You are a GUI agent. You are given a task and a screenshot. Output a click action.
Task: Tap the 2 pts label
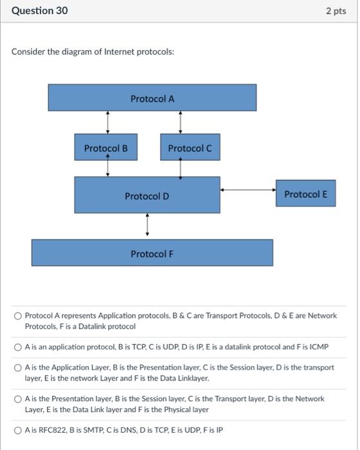click(x=336, y=11)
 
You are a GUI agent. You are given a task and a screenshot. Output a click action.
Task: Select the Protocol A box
click(x=152, y=98)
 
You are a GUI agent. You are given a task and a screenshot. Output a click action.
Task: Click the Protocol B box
click(x=105, y=148)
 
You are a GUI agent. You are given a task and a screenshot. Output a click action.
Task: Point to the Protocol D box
click(x=147, y=195)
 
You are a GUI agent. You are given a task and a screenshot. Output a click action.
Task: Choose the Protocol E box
click(x=305, y=194)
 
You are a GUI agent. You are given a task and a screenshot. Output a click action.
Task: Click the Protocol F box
click(x=152, y=253)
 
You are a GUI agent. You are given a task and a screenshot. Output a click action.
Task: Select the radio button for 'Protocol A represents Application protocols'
click(x=19, y=316)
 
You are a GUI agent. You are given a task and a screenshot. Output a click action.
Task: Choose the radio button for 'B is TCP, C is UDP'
click(x=19, y=347)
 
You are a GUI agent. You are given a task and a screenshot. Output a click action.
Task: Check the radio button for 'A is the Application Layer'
click(x=19, y=368)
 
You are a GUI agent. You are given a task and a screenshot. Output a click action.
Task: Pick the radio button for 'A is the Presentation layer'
click(x=19, y=399)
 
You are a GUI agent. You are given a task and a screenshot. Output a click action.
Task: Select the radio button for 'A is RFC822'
click(x=19, y=431)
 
